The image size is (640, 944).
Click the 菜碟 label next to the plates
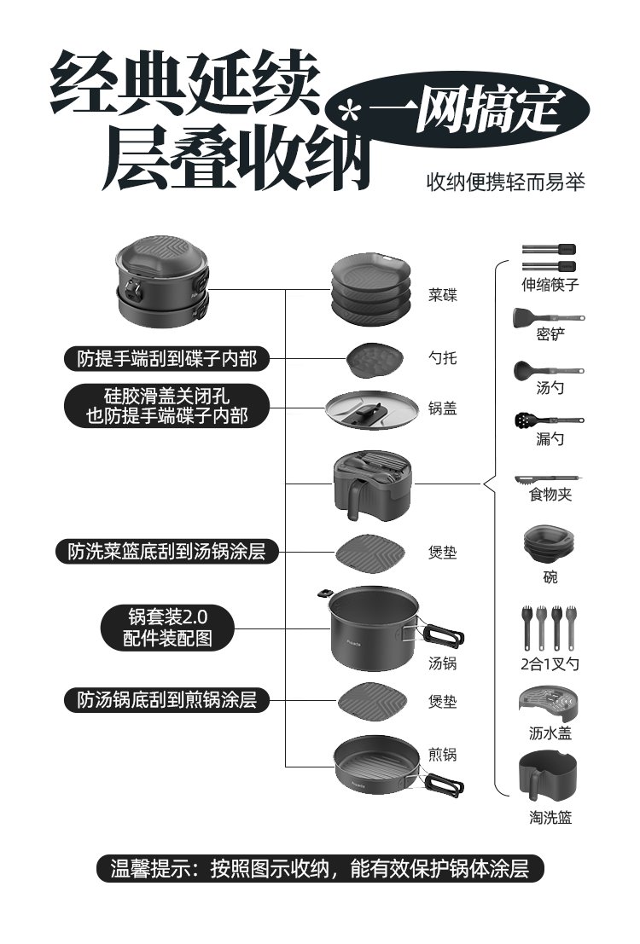point(442,295)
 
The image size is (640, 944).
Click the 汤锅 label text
point(442,663)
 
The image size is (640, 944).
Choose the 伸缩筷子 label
point(550,285)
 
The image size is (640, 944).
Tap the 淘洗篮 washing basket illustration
point(548,775)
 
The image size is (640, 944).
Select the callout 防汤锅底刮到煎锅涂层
point(167,701)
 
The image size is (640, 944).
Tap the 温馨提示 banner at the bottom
point(320,869)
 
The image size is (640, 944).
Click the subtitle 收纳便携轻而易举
point(505,182)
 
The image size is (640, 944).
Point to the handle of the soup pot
point(443,634)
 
